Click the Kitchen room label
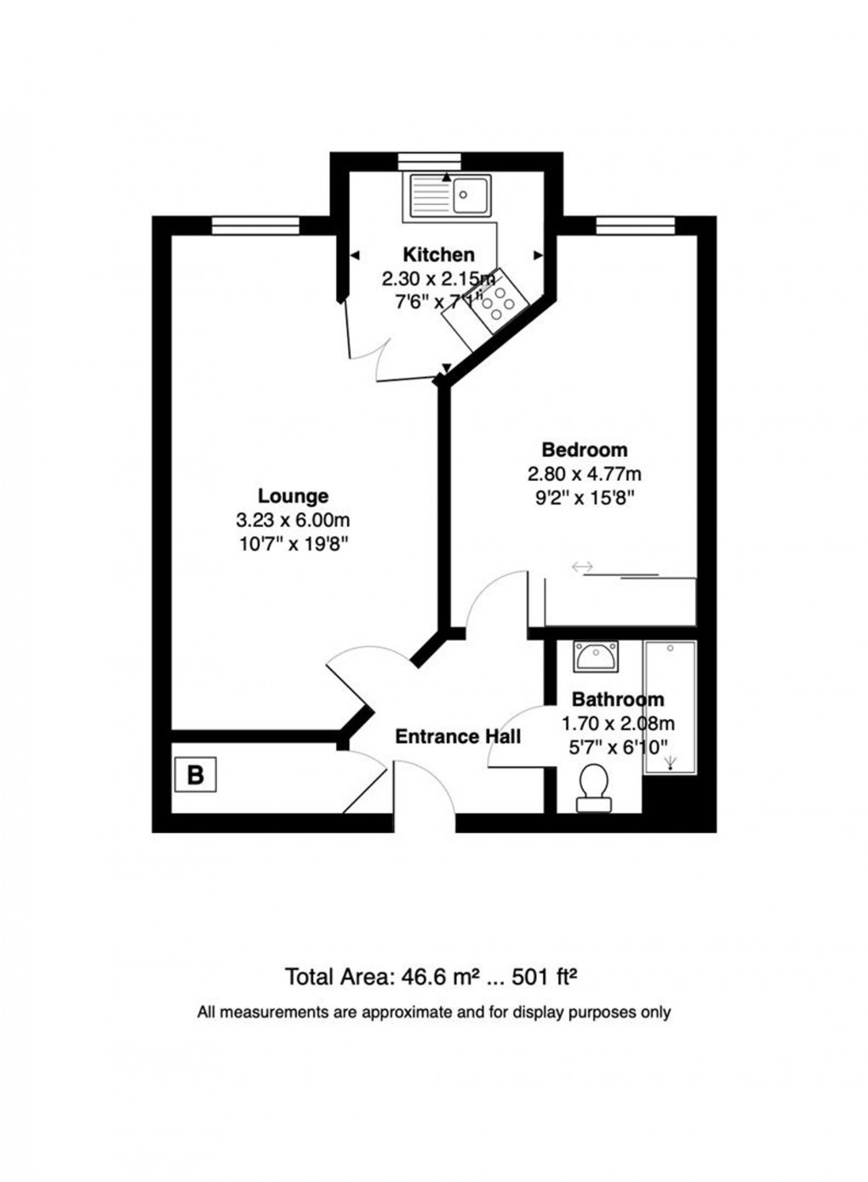[x=438, y=254]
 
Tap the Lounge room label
[x=293, y=495]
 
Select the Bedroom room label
[x=585, y=449]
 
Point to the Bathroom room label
[x=617, y=699]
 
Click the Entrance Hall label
[x=458, y=736]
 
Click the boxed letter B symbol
[x=195, y=775]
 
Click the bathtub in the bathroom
[x=670, y=707]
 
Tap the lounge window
[x=255, y=225]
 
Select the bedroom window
[x=635, y=225]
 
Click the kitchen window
[x=429, y=160]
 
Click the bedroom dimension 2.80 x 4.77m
[x=585, y=474]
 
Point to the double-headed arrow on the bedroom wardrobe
[x=582, y=567]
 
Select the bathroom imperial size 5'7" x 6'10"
[x=617, y=745]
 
